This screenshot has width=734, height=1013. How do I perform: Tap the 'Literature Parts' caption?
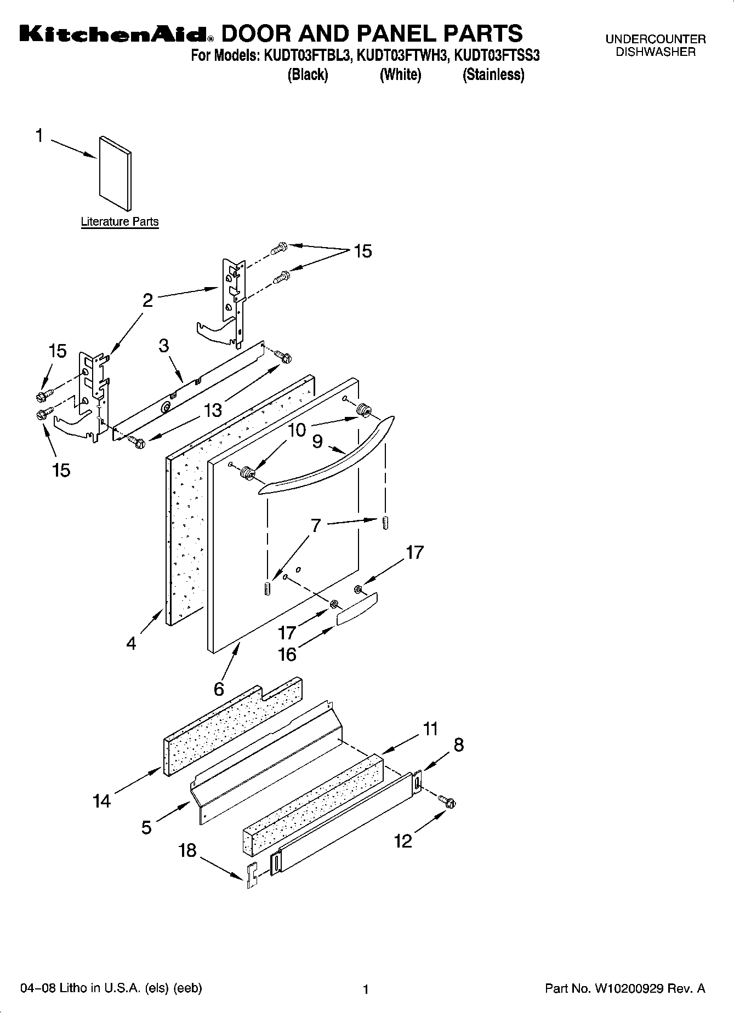pyautogui.click(x=120, y=222)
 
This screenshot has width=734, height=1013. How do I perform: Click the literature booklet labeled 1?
pyautogui.click(x=115, y=173)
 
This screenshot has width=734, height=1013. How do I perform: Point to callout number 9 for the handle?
pyautogui.click(x=317, y=442)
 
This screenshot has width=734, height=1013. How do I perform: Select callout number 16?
pyautogui.click(x=287, y=654)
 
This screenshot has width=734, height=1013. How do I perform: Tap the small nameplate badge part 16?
pyautogui.click(x=357, y=609)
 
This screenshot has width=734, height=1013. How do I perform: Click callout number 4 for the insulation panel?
pyautogui.click(x=130, y=643)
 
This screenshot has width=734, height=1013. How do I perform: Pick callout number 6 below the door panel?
pyautogui.click(x=219, y=689)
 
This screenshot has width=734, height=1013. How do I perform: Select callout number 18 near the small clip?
pyautogui.click(x=187, y=850)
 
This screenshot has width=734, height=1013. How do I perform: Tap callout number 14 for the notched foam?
pyautogui.click(x=102, y=802)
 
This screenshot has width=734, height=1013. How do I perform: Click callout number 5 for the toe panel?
pyautogui.click(x=146, y=827)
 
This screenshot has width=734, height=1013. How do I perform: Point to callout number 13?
pyautogui.click(x=213, y=410)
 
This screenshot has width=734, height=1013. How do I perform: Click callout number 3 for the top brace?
pyautogui.click(x=164, y=346)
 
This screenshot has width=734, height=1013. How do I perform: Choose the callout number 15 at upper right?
pyautogui.click(x=362, y=251)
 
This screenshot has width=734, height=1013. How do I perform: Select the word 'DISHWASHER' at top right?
pyautogui.click(x=656, y=53)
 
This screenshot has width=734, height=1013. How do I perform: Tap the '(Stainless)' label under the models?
pyautogui.click(x=493, y=75)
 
